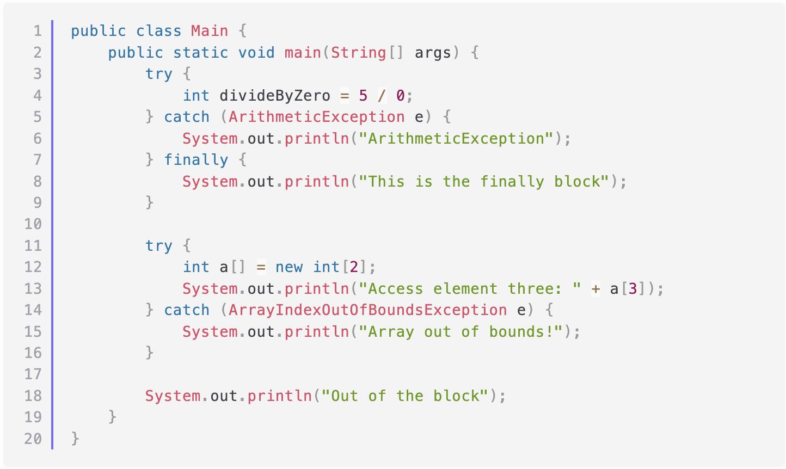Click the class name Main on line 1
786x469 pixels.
(x=209, y=31)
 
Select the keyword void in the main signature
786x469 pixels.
(x=256, y=53)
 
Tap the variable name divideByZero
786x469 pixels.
(x=275, y=96)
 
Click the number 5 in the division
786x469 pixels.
(x=363, y=96)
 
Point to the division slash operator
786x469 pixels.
(x=382, y=96)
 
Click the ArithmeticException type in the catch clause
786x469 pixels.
(x=316, y=117)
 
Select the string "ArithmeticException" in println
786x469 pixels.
(x=456, y=139)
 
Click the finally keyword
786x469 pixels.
(x=196, y=160)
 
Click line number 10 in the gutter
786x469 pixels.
(x=33, y=224)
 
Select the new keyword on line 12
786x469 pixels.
(x=289, y=267)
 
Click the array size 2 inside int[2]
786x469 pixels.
(x=354, y=267)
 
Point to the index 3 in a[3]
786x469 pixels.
(x=633, y=288)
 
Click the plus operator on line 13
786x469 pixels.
(x=595, y=288)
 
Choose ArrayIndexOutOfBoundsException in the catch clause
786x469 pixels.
(x=367, y=310)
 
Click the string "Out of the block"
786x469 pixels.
(x=405, y=396)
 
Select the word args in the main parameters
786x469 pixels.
(x=433, y=53)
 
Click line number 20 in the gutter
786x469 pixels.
(x=33, y=439)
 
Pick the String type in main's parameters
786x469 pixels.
(x=358, y=53)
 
